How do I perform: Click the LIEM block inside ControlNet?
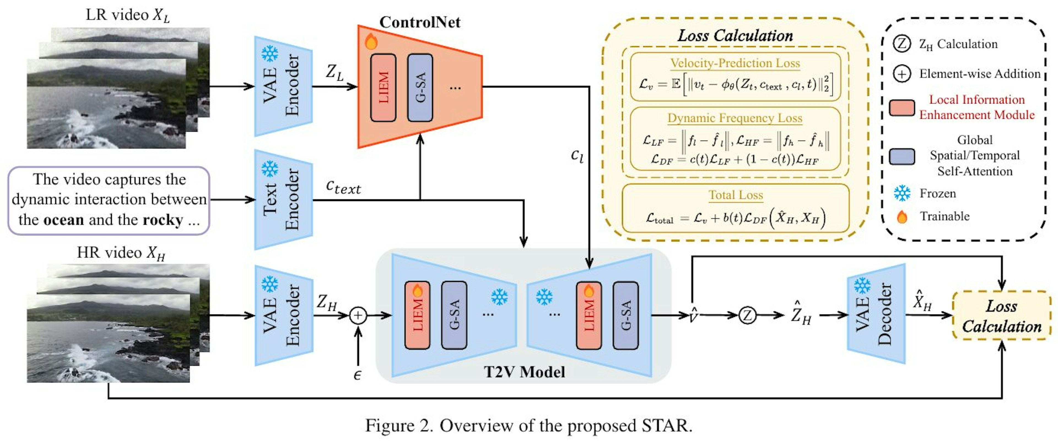point(383,88)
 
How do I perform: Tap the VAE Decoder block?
point(876,314)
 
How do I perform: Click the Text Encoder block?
point(284,200)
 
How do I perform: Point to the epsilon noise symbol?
point(357,375)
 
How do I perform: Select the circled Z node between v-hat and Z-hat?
point(747,315)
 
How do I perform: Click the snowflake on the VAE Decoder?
point(862,286)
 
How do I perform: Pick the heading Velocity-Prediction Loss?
point(735,63)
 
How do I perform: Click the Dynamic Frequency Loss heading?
point(735,118)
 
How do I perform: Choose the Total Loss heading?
point(736,195)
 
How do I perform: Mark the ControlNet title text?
point(420,22)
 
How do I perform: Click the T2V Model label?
point(525,372)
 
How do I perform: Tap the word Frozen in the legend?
point(938,193)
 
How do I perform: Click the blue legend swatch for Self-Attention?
point(902,156)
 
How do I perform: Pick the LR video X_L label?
point(127,15)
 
